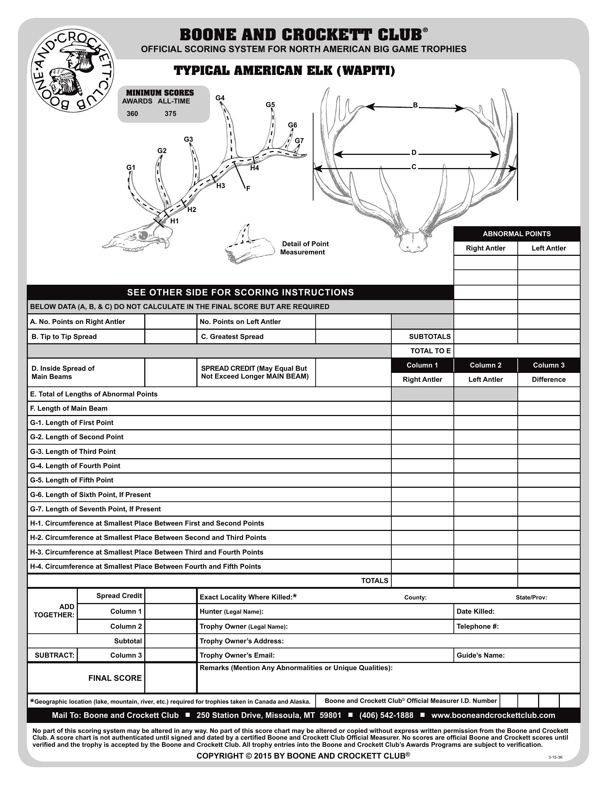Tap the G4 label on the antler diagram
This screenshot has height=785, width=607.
click(220, 98)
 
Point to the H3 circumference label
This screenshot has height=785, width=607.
click(220, 186)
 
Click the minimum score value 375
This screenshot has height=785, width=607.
click(170, 114)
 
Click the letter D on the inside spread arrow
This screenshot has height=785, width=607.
click(414, 153)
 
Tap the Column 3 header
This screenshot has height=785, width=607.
click(548, 365)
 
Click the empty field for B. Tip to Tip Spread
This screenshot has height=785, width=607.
click(170, 336)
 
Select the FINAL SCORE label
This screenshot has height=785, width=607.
click(115, 678)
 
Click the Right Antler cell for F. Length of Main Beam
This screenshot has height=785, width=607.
click(422, 408)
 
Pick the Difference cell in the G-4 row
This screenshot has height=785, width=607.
click(548, 466)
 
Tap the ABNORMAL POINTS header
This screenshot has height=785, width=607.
click(516, 234)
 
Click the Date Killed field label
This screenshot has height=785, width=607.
click(475, 611)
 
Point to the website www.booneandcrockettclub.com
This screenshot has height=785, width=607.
click(493, 715)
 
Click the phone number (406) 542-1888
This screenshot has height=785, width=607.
click(386, 715)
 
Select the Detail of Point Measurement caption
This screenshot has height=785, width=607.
click(304, 248)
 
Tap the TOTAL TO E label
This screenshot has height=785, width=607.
click(431, 351)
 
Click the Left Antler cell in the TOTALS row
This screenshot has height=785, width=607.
click(486, 581)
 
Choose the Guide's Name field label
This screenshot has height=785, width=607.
click(480, 655)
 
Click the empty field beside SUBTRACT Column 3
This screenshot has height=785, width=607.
click(170, 655)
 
